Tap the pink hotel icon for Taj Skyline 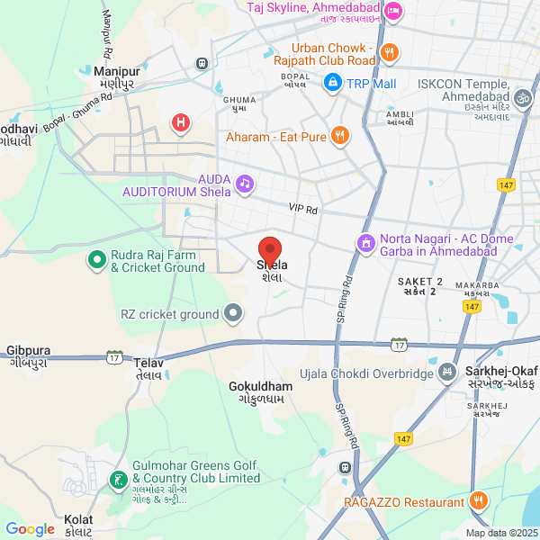coord(393,12)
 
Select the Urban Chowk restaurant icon coord(389,53)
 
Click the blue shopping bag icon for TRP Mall coord(333,83)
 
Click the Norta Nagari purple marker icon coord(365,244)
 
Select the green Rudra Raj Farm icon coord(96,261)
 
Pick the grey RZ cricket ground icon coord(233,314)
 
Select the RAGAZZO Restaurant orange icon coord(478,500)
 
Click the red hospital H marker coord(182,121)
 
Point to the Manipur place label coord(117,70)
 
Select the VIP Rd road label coord(303,208)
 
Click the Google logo coord(30,529)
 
